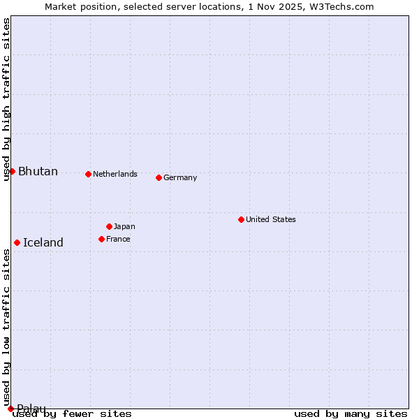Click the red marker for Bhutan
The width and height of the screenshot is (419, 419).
coord(12,171)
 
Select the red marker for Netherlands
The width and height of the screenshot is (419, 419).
coord(88,174)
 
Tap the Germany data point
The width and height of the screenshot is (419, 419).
coord(159,177)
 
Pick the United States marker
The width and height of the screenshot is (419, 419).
coord(241,219)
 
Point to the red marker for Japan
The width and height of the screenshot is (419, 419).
coord(109,226)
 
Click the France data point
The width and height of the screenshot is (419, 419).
coord(101,239)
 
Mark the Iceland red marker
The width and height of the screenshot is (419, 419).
coord(17,242)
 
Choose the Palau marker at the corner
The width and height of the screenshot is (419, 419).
coord(10,409)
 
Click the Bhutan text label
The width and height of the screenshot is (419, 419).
coord(38,172)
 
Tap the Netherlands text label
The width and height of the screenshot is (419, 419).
coord(115,174)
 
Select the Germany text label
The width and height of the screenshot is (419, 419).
coord(180,177)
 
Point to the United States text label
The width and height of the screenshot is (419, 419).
coord(271,219)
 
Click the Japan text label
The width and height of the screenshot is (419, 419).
coord(124,226)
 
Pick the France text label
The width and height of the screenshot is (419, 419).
coord(118,239)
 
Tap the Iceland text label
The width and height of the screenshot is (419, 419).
coord(43,243)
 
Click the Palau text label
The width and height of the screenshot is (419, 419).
coord(31,409)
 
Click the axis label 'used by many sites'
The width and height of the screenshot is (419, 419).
coord(351,413)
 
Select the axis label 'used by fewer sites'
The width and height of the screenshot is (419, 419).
coord(73,413)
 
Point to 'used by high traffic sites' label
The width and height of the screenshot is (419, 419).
coord(6,99)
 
